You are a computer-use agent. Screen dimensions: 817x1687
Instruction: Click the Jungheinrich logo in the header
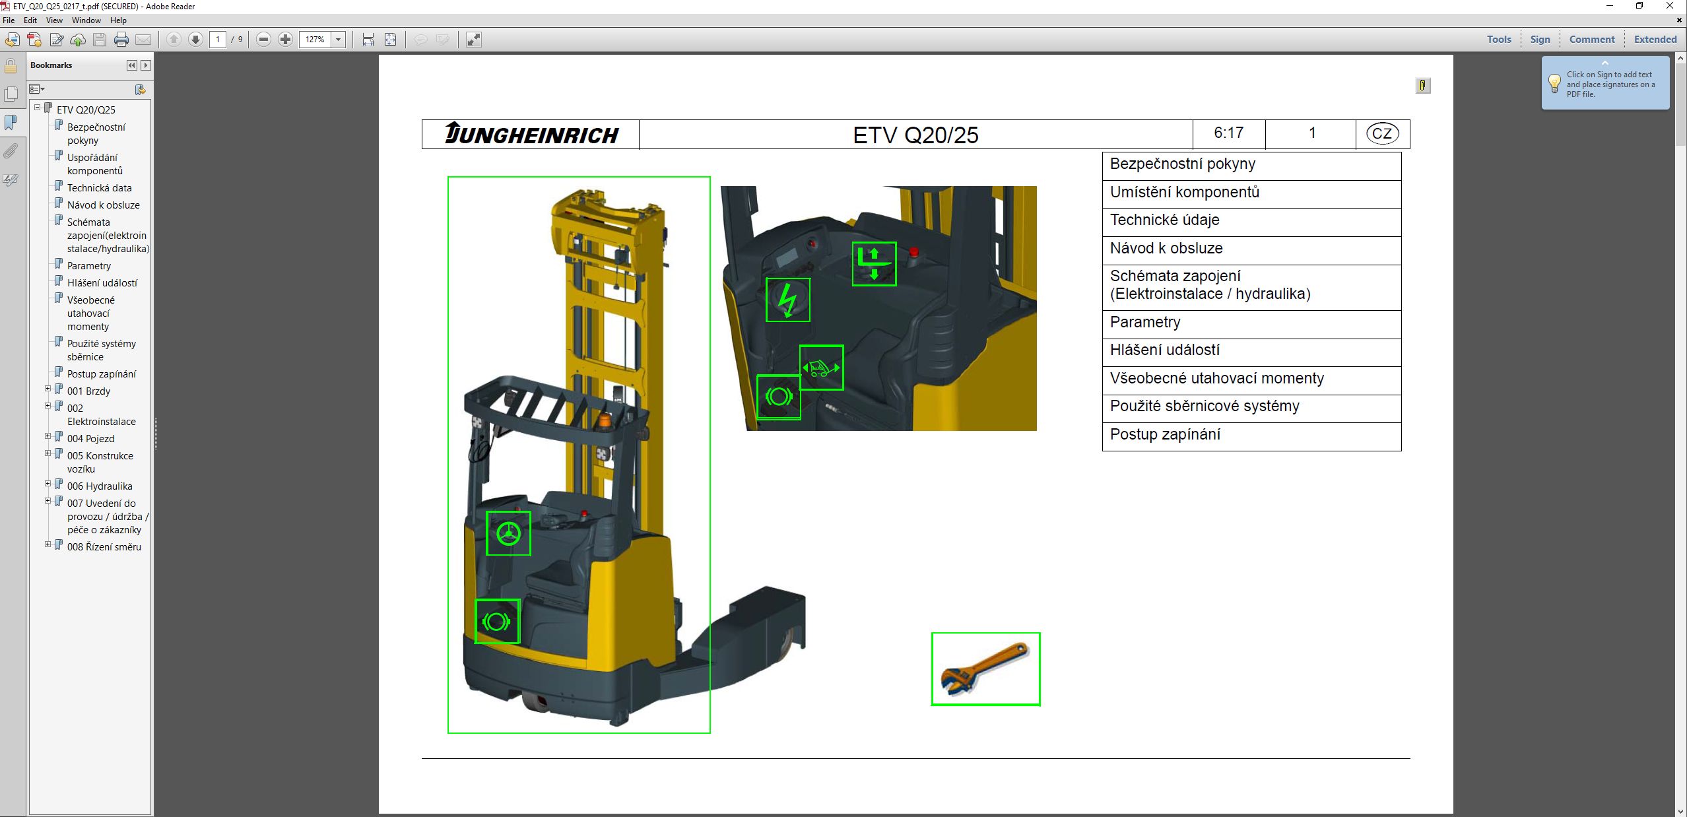[x=531, y=134]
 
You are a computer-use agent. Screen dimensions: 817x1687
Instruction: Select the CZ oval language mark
[x=1381, y=134]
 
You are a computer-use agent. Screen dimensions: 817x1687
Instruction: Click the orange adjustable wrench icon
[x=985, y=669]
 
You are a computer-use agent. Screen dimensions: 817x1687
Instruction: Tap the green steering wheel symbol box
[x=508, y=533]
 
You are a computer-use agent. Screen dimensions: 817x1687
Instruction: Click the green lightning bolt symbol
[x=787, y=300]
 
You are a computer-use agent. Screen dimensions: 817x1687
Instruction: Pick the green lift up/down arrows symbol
[x=874, y=264]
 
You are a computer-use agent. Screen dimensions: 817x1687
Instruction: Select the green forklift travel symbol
[x=821, y=368]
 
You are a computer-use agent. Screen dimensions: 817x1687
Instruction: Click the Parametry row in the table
[x=1251, y=323]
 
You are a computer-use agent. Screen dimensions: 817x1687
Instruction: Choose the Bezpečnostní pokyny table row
[x=1251, y=165]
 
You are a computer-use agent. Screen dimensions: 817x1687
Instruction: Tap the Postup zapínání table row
[x=1251, y=436]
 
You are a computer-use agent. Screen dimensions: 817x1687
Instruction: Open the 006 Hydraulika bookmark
[x=99, y=486]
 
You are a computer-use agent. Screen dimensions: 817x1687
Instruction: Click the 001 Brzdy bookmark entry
[x=88, y=391]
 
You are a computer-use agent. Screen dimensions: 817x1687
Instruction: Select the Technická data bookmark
[x=99, y=188]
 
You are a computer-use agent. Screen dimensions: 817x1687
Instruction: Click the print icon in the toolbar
[x=121, y=40]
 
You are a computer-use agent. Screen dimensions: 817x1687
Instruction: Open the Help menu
[x=118, y=20]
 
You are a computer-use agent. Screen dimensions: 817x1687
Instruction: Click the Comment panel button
[x=1591, y=40]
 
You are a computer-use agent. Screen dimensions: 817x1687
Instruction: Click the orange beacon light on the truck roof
[x=605, y=420]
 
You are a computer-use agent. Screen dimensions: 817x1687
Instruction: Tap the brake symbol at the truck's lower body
[x=497, y=621]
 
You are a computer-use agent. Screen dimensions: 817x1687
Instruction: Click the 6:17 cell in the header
[x=1228, y=134]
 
